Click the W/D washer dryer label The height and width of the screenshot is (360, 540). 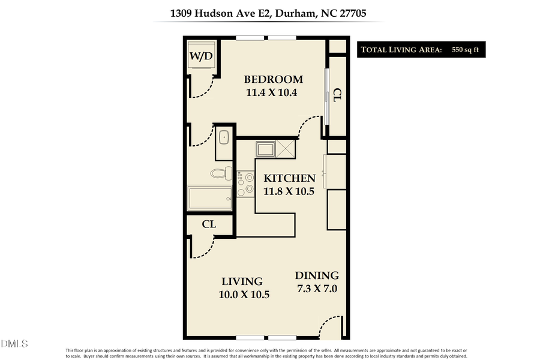pos(201,56)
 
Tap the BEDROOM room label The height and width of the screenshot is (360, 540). pos(272,79)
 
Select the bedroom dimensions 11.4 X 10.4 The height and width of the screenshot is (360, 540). pos(272,92)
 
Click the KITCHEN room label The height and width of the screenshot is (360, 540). pos(290,178)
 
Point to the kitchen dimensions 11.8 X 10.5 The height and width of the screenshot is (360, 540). pos(289,191)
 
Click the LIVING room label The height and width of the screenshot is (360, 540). pos(242,281)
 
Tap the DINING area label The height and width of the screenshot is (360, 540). pos(317,275)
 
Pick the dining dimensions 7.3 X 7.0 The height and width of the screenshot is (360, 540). pos(317,288)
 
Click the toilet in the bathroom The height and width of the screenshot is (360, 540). pos(221,174)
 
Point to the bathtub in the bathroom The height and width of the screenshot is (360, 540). pos(210,198)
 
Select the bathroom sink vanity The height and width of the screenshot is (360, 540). pos(224,137)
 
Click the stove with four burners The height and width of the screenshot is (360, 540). pos(245,184)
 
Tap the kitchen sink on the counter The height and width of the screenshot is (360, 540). pos(265,148)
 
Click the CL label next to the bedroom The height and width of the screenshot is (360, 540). pos(337,95)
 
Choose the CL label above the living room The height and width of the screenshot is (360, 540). pos(209,224)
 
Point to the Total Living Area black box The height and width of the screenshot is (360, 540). pos(421,49)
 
